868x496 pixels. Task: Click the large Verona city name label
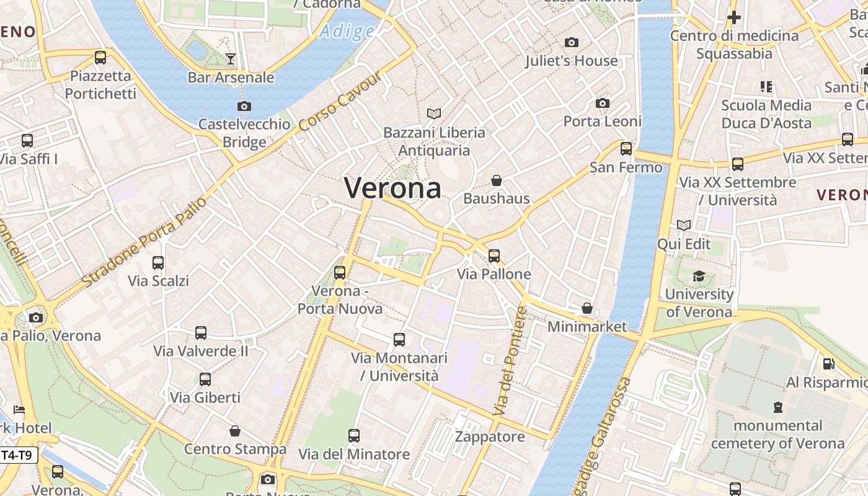392,187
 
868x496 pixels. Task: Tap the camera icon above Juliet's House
572,42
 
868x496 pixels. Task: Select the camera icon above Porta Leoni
603,103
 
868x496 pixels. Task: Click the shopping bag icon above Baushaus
497,180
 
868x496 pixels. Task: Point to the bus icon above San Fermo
626,149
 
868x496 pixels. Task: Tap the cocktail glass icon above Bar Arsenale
231,59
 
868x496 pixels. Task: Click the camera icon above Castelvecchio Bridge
244,106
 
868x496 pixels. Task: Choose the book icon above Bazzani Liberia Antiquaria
434,114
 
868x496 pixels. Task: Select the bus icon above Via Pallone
494,255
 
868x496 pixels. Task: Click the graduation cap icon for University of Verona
699,276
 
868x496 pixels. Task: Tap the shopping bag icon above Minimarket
587,308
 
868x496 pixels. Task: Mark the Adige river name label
348,31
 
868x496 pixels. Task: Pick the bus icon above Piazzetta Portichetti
100,58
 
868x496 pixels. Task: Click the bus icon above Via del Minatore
354,436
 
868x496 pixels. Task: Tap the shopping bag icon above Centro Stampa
235,431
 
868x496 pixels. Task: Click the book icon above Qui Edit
684,226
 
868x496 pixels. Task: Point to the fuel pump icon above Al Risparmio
828,364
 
